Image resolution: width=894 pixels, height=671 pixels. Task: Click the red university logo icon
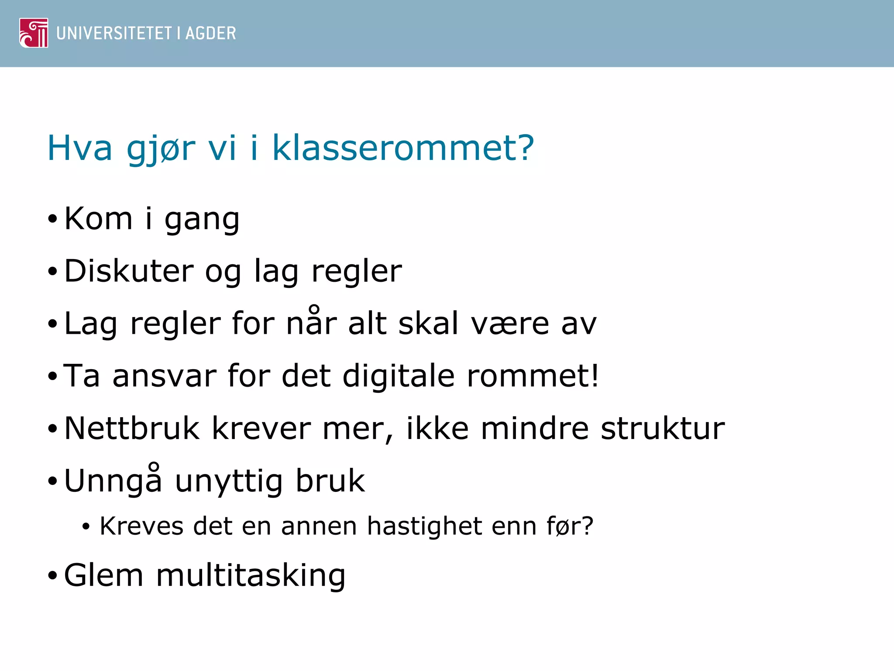[34, 33]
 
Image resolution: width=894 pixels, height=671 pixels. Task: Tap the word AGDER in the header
[211, 33]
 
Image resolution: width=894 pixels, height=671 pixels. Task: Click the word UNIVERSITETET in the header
[114, 33]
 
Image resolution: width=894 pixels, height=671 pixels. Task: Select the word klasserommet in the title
[403, 148]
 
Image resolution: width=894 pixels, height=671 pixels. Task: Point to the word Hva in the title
[79, 148]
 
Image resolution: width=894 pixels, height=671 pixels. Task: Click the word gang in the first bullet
[202, 219]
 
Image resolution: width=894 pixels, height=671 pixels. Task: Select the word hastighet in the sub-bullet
[424, 526]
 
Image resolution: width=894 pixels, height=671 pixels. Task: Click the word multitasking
[251, 575]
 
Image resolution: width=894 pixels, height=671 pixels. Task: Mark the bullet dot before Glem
[52, 576]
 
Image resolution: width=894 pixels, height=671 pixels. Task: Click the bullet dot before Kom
[52, 219]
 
